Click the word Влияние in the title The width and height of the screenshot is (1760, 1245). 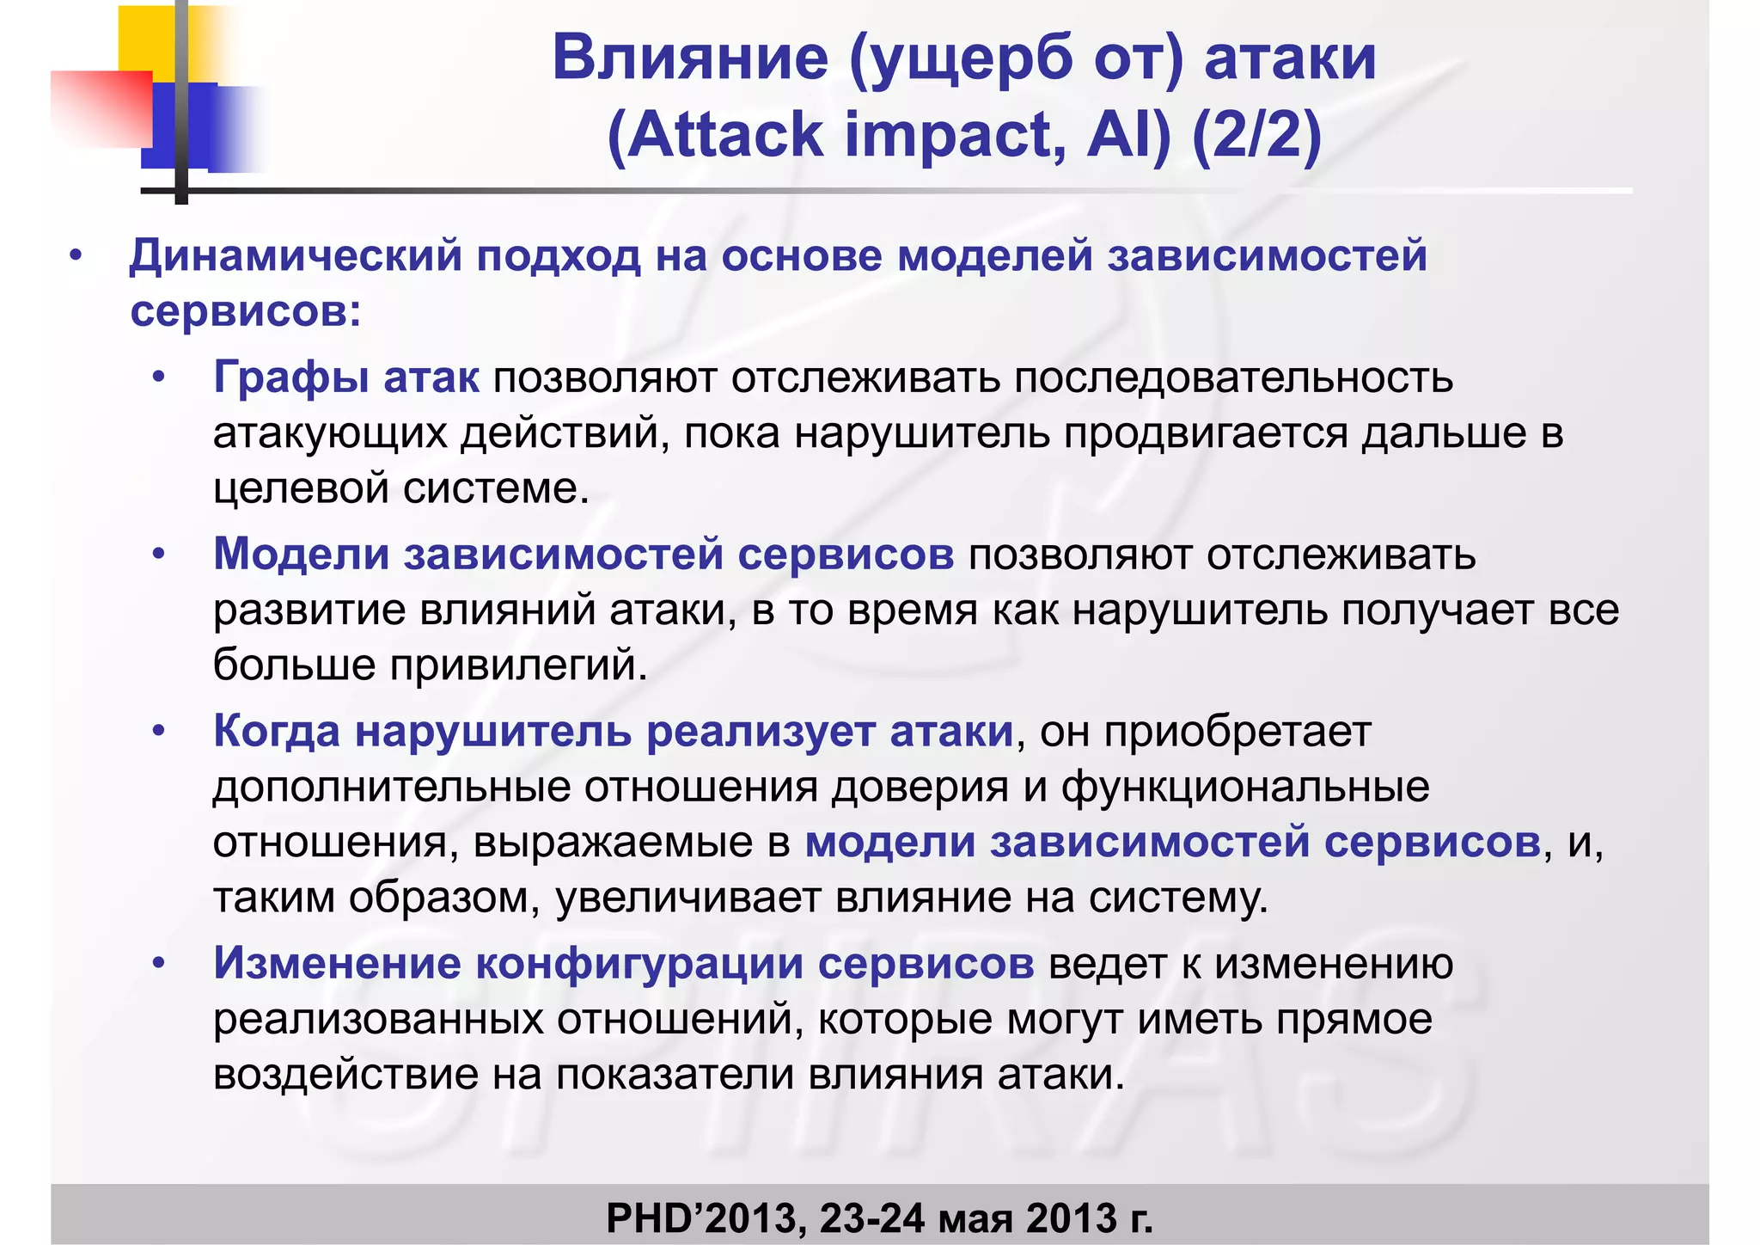tap(690, 58)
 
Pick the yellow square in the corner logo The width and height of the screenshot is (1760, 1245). tap(146, 39)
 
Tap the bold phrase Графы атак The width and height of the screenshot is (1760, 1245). tap(345, 377)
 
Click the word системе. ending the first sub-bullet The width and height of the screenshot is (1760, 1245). tap(497, 488)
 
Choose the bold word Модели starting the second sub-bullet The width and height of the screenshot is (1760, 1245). tap(302, 554)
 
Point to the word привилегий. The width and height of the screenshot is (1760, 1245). tap(518, 665)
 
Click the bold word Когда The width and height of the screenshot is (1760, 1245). tap(277, 732)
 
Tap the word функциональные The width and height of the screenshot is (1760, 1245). tap(1245, 787)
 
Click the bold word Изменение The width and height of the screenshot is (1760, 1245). tap(337, 964)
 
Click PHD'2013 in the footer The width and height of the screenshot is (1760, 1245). tap(706, 1218)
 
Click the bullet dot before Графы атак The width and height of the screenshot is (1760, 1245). tap(158, 378)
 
